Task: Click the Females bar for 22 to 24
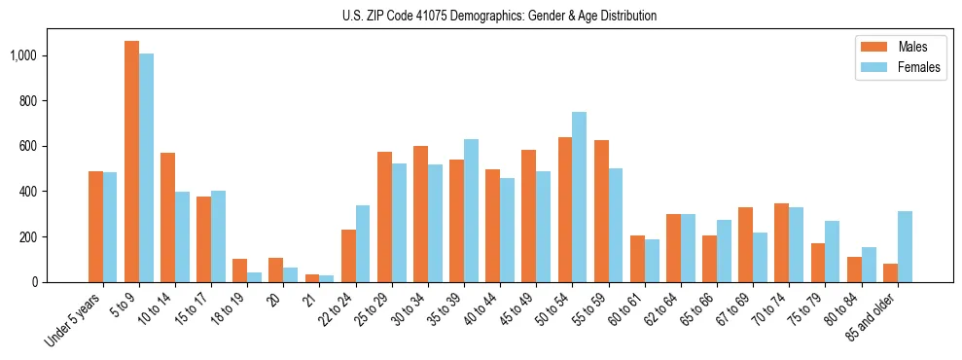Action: point(363,243)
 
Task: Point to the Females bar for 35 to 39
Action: point(471,210)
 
